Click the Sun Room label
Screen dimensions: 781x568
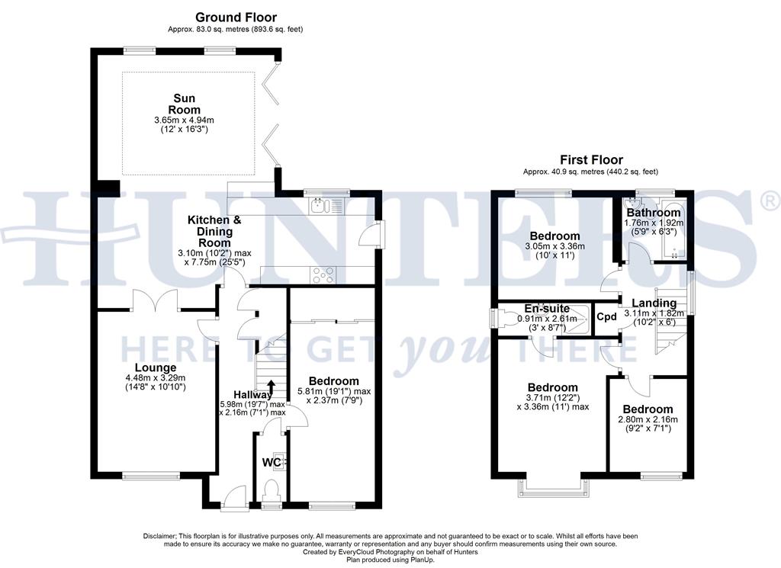click(185, 104)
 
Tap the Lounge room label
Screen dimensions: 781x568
click(156, 368)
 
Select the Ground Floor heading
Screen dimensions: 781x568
click(236, 18)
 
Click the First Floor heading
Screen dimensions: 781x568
click(591, 160)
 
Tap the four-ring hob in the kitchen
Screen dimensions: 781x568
click(323, 274)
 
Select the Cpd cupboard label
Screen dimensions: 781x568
click(606, 317)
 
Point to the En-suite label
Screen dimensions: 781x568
click(547, 309)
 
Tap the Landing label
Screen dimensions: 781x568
click(654, 303)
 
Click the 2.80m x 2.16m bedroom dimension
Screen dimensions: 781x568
click(648, 419)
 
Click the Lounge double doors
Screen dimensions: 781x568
click(156, 299)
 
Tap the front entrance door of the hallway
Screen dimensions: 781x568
click(235, 499)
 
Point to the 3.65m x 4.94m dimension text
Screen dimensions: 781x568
click(185, 120)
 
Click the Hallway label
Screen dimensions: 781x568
click(253, 394)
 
